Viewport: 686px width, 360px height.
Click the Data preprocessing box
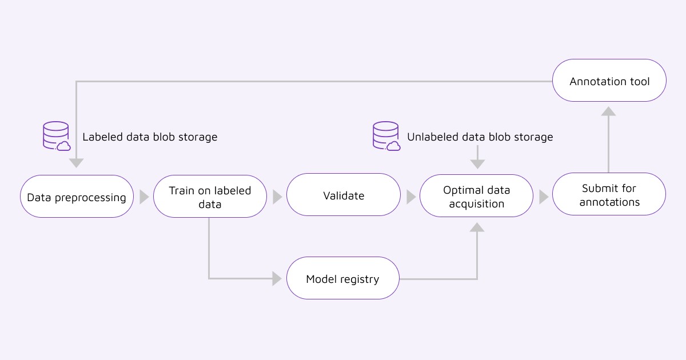click(x=77, y=197)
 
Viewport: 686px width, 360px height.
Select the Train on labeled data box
click(x=210, y=197)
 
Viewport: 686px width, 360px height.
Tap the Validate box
click(x=343, y=195)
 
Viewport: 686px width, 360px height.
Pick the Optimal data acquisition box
click(x=476, y=196)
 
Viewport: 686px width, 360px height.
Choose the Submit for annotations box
click(x=609, y=194)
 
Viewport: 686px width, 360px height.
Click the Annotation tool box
click(x=609, y=81)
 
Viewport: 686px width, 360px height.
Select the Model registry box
click(x=342, y=278)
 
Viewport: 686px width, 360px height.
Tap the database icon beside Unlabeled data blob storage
click(x=386, y=136)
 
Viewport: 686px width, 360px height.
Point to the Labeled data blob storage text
click(x=150, y=137)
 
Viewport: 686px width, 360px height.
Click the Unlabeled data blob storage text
click(x=480, y=137)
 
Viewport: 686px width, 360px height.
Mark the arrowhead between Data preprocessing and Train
click(x=144, y=197)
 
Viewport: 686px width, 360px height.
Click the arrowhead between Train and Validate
click(x=277, y=197)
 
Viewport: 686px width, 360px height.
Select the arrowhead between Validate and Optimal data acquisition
click(x=411, y=197)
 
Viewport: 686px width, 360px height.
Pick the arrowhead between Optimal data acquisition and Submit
click(x=544, y=197)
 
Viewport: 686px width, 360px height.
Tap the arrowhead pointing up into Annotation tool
click(x=609, y=111)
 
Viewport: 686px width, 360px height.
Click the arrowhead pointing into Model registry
click(x=277, y=278)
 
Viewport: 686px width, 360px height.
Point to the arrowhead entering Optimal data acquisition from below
click(x=477, y=227)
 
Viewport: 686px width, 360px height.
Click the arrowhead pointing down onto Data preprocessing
click(x=76, y=163)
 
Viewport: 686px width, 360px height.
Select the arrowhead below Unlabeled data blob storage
click(x=477, y=164)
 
